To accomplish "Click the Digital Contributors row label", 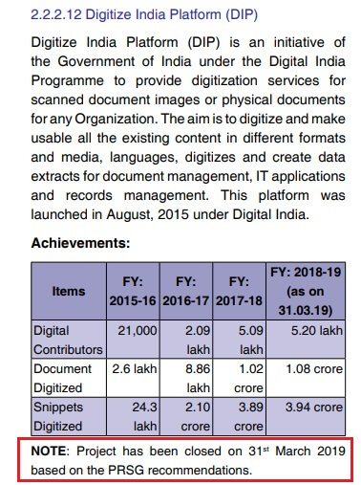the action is (66, 340).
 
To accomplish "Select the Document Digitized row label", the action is (66, 378).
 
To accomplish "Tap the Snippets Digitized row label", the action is (66, 416).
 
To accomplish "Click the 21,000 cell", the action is (138, 331).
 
